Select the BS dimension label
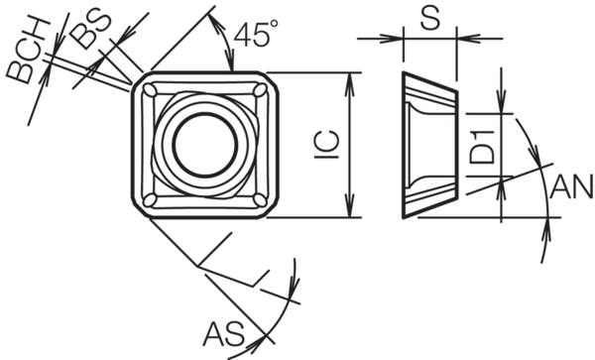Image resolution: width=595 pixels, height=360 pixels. [x=91, y=30]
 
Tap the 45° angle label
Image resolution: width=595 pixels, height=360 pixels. [x=256, y=34]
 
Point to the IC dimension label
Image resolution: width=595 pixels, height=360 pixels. [x=326, y=145]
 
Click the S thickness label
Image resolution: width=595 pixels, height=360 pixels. [x=430, y=19]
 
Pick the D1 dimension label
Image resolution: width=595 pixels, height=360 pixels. [x=482, y=147]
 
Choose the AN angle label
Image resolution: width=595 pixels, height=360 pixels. [x=571, y=186]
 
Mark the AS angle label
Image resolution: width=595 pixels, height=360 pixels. [x=224, y=334]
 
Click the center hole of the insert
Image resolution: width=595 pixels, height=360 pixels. [x=205, y=144]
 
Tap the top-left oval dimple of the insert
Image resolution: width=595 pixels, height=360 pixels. [x=150, y=90]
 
